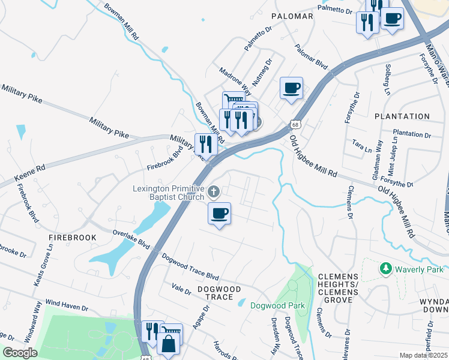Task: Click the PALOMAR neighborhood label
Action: pyautogui.click(x=292, y=16)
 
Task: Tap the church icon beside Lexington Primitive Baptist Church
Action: pyautogui.click(x=214, y=192)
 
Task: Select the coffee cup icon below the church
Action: pyautogui.click(x=219, y=214)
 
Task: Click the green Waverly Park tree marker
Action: pyautogui.click(x=386, y=269)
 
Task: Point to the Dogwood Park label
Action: pyautogui.click(x=277, y=305)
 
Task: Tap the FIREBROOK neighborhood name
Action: pyautogui.click(x=73, y=238)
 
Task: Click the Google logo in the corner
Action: pyautogui.click(x=20, y=353)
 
